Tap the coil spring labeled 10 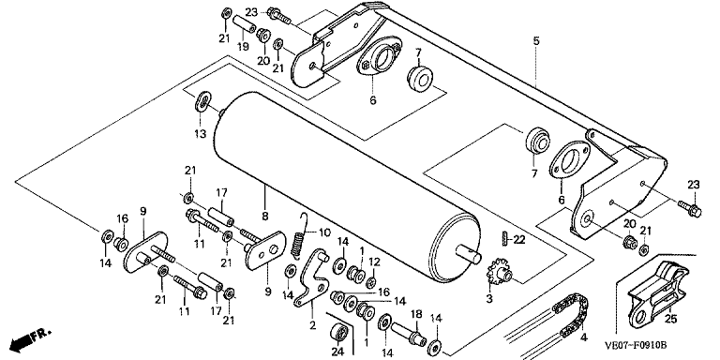(x=299, y=239)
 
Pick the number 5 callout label (x=536, y=41)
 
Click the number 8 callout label (x=265, y=217)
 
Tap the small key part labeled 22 (x=503, y=239)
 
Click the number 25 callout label (x=671, y=320)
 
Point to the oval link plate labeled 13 (x=202, y=101)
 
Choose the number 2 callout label (x=313, y=325)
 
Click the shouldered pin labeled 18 (x=408, y=332)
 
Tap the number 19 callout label (x=243, y=46)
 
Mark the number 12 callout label (x=374, y=262)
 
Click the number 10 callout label (x=324, y=232)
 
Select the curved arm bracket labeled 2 (x=312, y=277)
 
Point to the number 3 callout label (x=489, y=299)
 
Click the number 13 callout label (x=201, y=134)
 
